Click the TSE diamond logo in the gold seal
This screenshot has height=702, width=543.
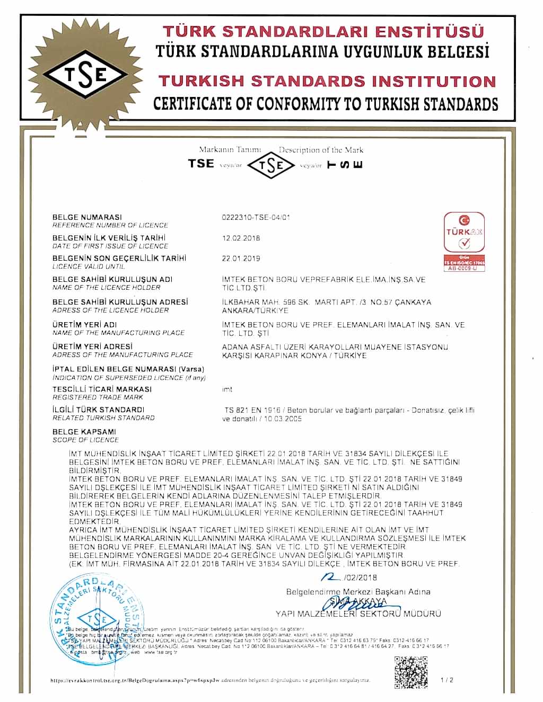(x=86, y=75)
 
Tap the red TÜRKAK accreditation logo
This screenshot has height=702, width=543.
(x=465, y=241)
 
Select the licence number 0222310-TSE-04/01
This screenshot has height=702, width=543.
(x=255, y=217)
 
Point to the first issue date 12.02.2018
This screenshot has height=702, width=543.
(x=241, y=238)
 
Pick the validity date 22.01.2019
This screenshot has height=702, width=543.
(x=241, y=259)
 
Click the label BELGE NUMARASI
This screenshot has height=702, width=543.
(x=87, y=217)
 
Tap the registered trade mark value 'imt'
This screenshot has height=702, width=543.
(x=227, y=389)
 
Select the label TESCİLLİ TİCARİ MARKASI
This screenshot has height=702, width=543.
(x=102, y=389)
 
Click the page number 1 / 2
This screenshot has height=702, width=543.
(x=447, y=679)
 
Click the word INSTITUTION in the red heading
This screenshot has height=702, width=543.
(x=434, y=81)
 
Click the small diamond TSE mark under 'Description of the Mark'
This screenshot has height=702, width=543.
(x=271, y=165)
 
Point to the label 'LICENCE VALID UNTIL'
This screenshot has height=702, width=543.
(x=89, y=266)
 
